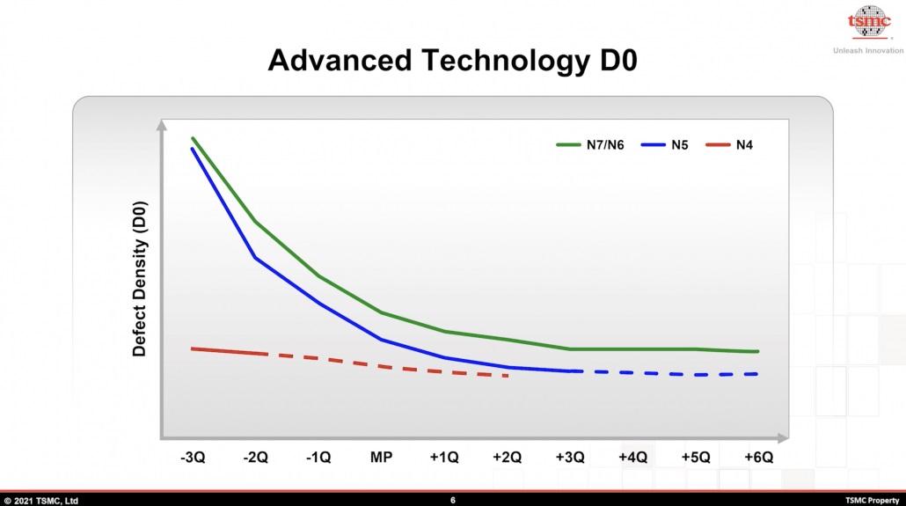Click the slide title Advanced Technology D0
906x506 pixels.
453,60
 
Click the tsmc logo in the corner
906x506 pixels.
868,23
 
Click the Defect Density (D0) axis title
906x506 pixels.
139,279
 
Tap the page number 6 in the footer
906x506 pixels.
453,500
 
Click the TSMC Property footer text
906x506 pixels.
872,500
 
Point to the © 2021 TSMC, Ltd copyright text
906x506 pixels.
40,500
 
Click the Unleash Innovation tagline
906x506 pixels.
867,50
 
